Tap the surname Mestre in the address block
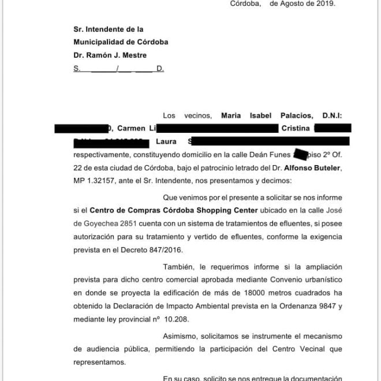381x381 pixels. (x=133, y=55)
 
